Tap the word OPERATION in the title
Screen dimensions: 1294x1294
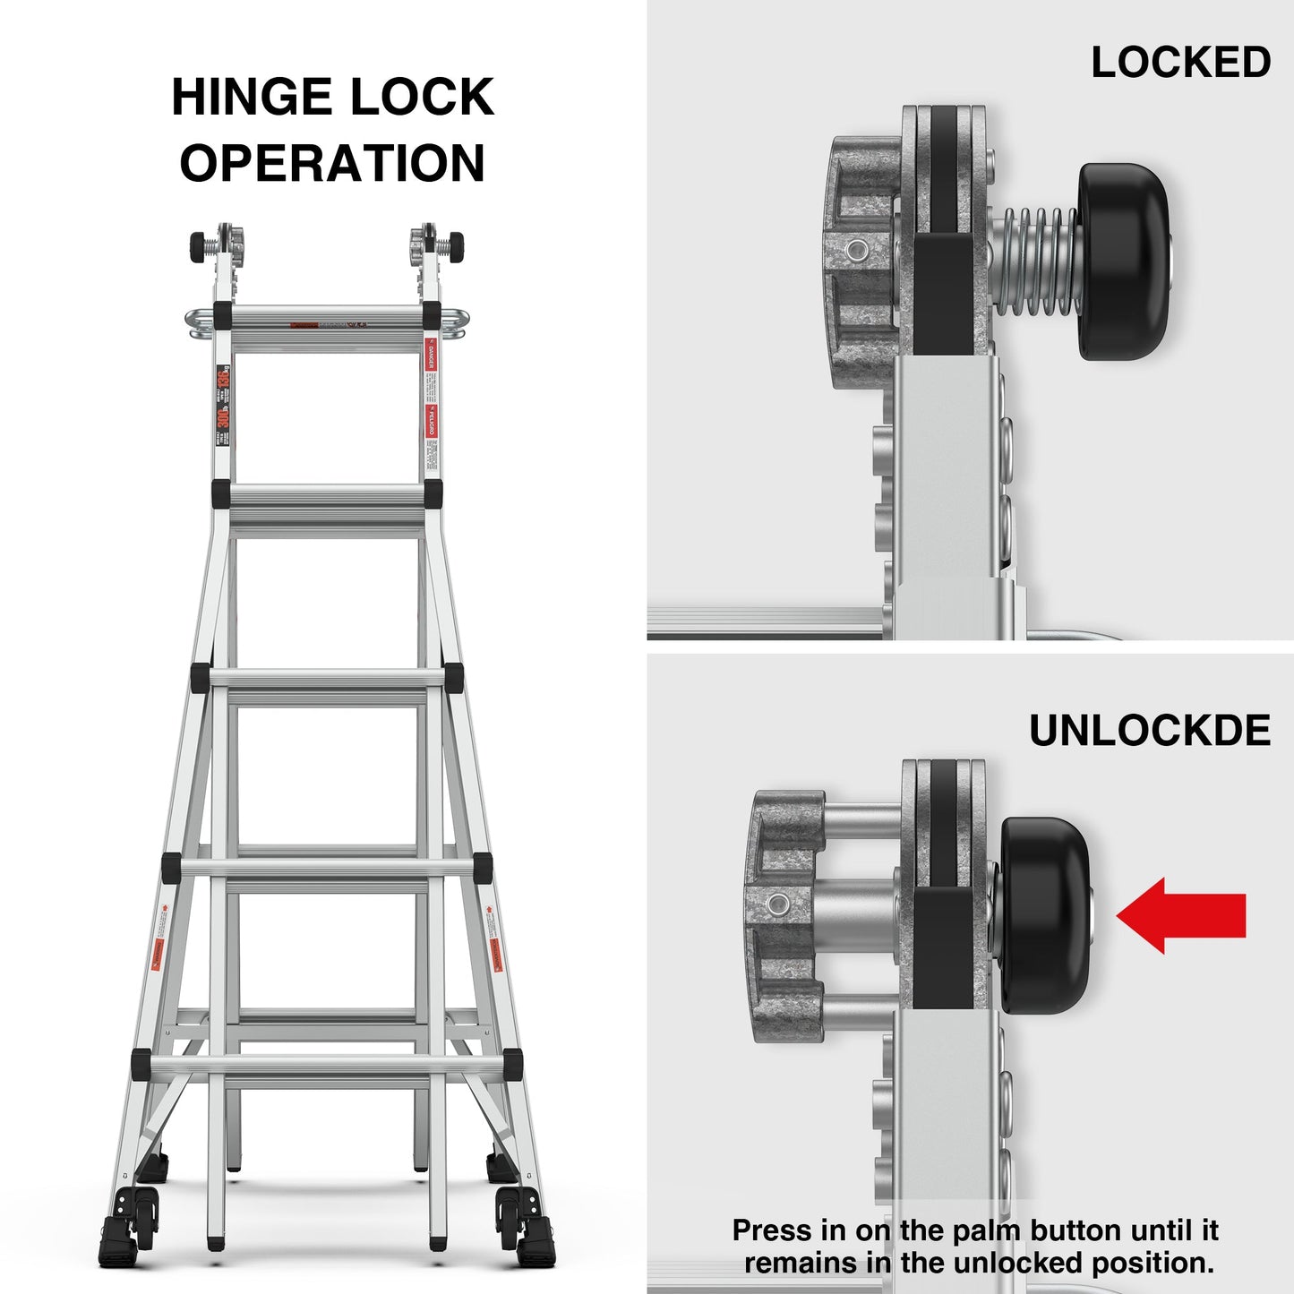(332, 163)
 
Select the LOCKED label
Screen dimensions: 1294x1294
(1180, 63)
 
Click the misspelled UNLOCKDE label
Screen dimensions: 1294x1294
(1149, 731)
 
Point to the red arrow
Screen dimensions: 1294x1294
(1181, 915)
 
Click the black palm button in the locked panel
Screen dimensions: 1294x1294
(1124, 261)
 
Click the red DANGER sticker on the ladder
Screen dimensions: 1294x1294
(430, 356)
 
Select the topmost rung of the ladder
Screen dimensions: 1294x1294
(327, 317)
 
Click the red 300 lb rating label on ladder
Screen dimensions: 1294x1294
(223, 414)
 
